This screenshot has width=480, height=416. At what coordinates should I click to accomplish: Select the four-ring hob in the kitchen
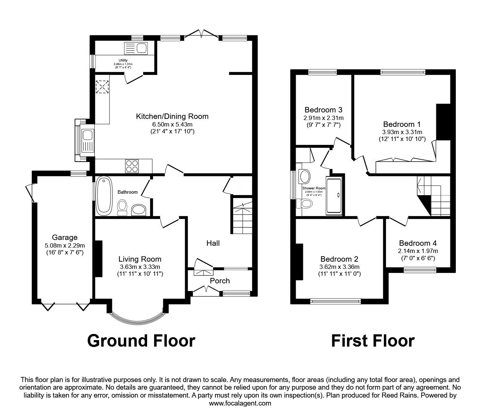tap(132, 166)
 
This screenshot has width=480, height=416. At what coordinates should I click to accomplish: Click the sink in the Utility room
tap(136, 48)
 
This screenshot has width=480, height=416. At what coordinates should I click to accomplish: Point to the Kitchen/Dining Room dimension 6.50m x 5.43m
tap(172, 124)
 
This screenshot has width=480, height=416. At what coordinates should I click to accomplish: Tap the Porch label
tap(220, 281)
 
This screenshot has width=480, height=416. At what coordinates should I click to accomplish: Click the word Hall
tap(213, 243)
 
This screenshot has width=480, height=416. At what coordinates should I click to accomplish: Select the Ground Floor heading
tap(141, 340)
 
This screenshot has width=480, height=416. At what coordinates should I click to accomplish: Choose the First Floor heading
tap(373, 340)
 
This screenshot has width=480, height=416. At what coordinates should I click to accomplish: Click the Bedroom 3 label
tap(323, 110)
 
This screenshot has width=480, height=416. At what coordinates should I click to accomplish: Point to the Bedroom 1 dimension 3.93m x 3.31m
tap(402, 132)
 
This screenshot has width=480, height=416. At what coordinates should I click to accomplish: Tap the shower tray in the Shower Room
tap(333, 196)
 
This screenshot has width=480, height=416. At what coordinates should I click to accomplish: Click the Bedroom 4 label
tap(418, 243)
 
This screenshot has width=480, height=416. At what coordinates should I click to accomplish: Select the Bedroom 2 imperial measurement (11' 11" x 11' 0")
tap(339, 274)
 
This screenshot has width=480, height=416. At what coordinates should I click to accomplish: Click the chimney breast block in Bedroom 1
tap(442, 122)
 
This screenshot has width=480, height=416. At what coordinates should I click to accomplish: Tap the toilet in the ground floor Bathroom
tap(123, 207)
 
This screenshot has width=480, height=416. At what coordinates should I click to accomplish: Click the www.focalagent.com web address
tap(240, 403)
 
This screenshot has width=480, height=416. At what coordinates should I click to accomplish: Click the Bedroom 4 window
tap(420, 269)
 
